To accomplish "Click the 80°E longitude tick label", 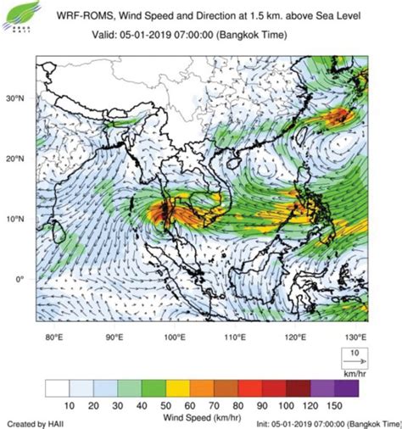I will [54, 337].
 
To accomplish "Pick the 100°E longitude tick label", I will [175, 337].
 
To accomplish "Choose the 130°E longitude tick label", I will [355, 337].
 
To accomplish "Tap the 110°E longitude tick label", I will [235, 337].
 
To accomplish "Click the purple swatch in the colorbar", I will [348, 388].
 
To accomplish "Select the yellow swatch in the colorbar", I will [177, 388].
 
